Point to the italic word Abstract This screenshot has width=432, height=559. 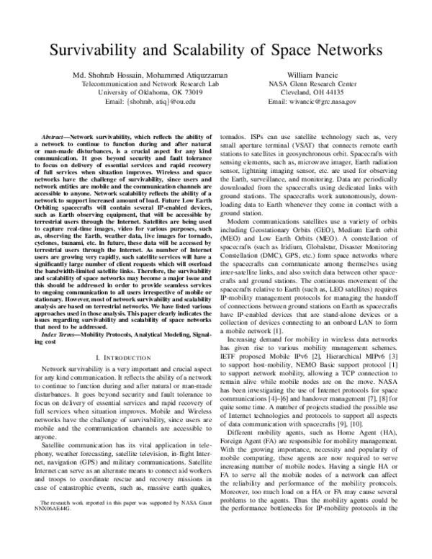click(x=57, y=135)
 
